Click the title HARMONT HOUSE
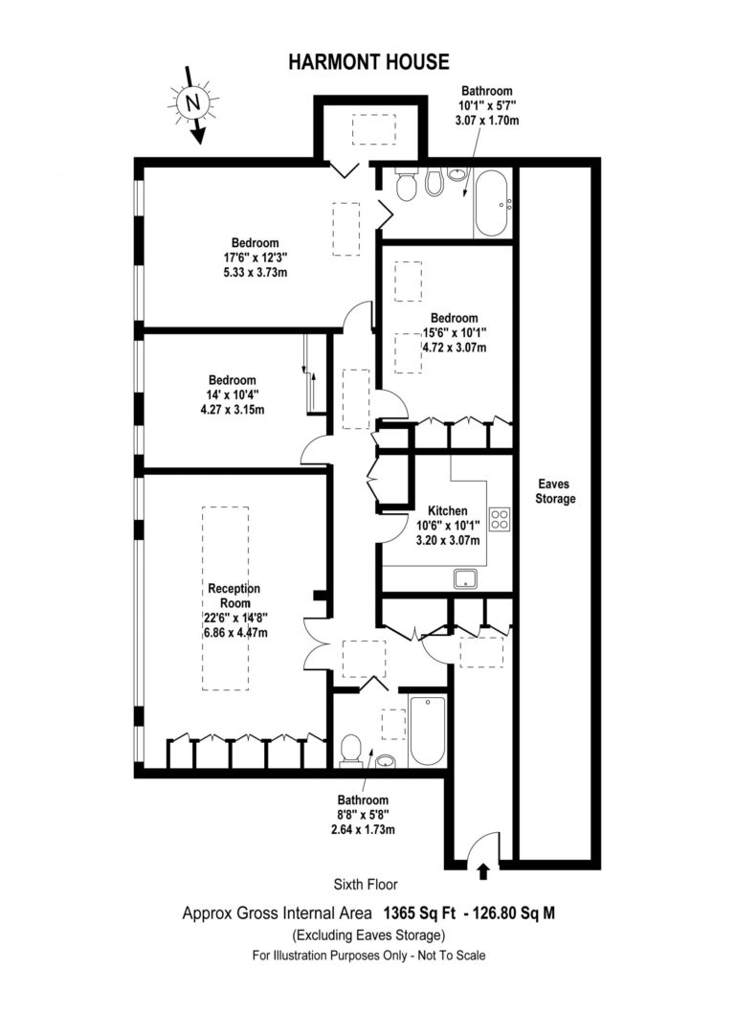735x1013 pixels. point(368,62)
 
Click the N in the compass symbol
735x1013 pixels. point(191,101)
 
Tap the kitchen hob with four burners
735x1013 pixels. point(500,519)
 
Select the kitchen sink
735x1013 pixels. point(466,578)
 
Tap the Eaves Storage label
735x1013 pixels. point(555,491)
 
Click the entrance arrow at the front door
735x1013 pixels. point(483,871)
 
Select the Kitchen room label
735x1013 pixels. point(448,510)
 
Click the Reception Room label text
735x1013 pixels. point(234,596)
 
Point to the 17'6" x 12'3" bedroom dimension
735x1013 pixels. point(256,258)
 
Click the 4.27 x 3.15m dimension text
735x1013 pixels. point(233,410)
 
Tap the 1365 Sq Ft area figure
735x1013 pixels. point(420,912)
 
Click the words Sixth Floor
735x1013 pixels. point(366,885)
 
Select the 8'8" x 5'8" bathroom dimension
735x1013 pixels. point(363,815)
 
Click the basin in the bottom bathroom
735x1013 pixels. point(386,760)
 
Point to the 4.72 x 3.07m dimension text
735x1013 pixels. point(455,348)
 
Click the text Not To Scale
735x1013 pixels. point(452,955)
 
